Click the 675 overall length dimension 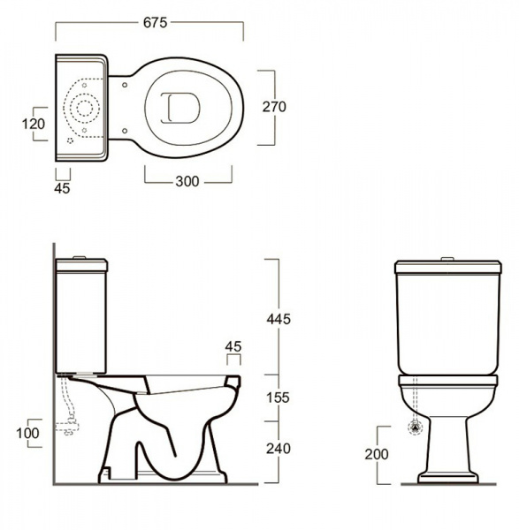coord(156,23)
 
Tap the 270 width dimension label coord(274,107)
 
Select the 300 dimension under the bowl coord(187,181)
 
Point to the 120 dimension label coord(34,124)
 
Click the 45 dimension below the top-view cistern coord(62,188)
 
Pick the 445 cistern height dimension coord(279,319)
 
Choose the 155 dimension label coord(278,397)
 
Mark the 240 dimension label coord(279,449)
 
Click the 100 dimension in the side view coord(27,433)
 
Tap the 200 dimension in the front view coord(377,454)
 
